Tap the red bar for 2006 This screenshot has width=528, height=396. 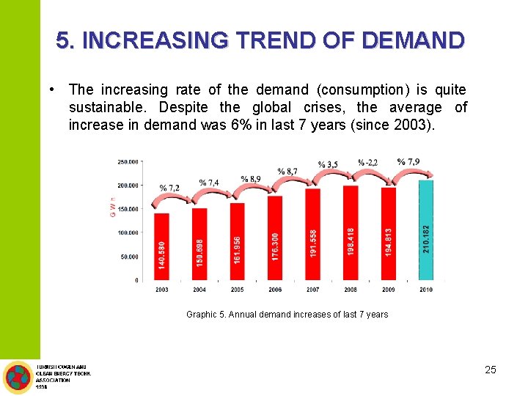point(275,238)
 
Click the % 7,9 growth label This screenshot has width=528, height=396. point(408,161)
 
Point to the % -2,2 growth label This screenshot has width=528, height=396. point(368,162)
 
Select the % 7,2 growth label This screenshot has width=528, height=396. point(169,188)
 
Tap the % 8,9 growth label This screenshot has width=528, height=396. point(250,178)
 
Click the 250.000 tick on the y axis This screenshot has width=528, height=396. point(128,161)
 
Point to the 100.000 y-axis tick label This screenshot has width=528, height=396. point(128,232)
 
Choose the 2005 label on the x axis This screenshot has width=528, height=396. point(237,290)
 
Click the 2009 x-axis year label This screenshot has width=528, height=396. point(388,290)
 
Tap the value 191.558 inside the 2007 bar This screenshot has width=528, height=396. point(313,243)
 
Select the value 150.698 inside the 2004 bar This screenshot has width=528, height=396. point(199,253)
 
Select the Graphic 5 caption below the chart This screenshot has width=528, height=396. point(287,315)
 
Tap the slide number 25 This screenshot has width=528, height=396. point(491,370)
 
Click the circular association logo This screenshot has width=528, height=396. point(17,378)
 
